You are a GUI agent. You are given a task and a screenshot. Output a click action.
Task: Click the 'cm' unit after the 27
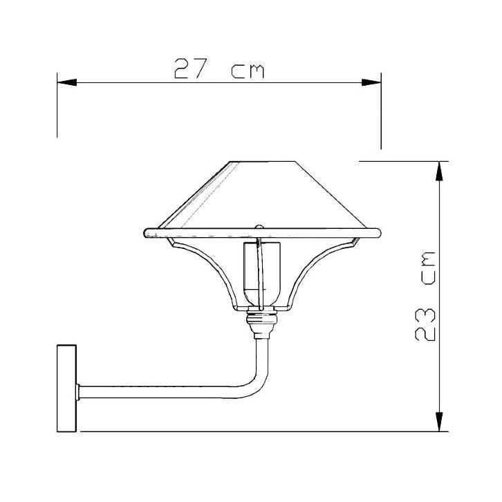pyautogui.click(x=247, y=71)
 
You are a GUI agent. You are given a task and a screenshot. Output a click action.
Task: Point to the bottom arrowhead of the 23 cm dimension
pyautogui.click(x=438, y=421)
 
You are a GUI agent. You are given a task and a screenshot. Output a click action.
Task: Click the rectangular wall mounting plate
pyautogui.click(x=66, y=388)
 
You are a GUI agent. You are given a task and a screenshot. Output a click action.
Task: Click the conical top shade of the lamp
pyautogui.click(x=263, y=197)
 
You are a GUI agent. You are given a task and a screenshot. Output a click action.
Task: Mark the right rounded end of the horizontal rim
pyautogui.click(x=377, y=232)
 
